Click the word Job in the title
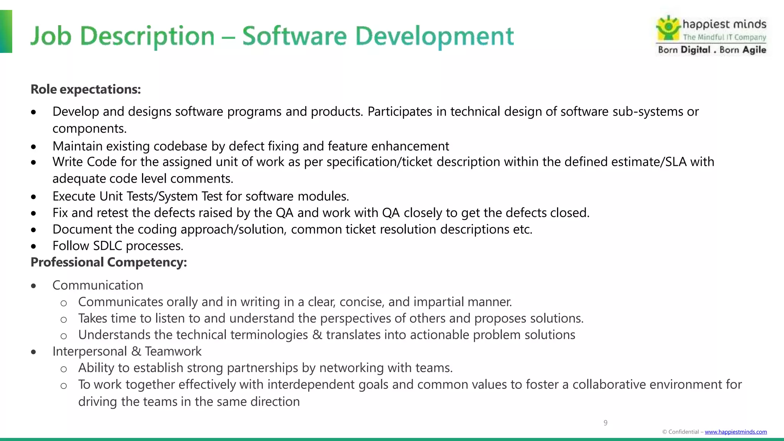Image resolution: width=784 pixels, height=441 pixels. point(51,36)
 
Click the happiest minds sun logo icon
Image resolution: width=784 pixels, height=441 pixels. point(668,28)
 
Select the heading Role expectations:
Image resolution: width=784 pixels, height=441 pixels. point(86,89)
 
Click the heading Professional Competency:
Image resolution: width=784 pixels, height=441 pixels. point(109,262)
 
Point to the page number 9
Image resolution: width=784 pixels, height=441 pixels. point(605,423)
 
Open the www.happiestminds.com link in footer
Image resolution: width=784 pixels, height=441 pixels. point(735,432)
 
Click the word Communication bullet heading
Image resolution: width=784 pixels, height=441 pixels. point(98,285)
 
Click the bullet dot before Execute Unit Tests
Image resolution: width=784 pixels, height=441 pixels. point(34,197)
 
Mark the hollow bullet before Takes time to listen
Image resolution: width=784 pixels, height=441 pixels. point(64,319)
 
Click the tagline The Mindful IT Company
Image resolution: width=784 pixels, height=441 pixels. point(724,37)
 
